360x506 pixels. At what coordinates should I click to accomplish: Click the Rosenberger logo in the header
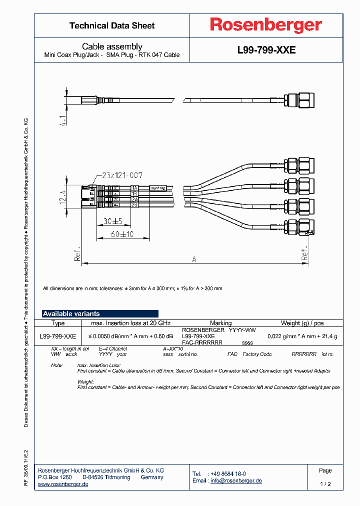coord(266,25)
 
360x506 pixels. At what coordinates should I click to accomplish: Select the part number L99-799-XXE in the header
coord(266,50)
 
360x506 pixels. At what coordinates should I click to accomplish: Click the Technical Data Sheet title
coord(112,25)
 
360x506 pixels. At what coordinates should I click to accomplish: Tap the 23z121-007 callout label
coord(122,175)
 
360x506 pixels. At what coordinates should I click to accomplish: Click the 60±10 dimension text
coord(122,233)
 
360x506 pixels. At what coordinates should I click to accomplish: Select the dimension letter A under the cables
coord(193,259)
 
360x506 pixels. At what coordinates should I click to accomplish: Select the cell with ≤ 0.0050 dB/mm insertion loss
coord(131,336)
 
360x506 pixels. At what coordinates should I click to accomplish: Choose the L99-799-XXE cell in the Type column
coord(57,336)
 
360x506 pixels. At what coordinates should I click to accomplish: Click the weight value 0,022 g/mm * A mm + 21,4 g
coord(302,336)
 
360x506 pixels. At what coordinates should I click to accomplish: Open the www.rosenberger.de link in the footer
coord(63,484)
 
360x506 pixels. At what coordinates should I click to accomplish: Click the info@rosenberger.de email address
coord(236,480)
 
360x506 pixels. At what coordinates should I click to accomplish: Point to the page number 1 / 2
coord(325,484)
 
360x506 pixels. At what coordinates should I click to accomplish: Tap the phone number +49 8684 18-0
coord(228,473)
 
